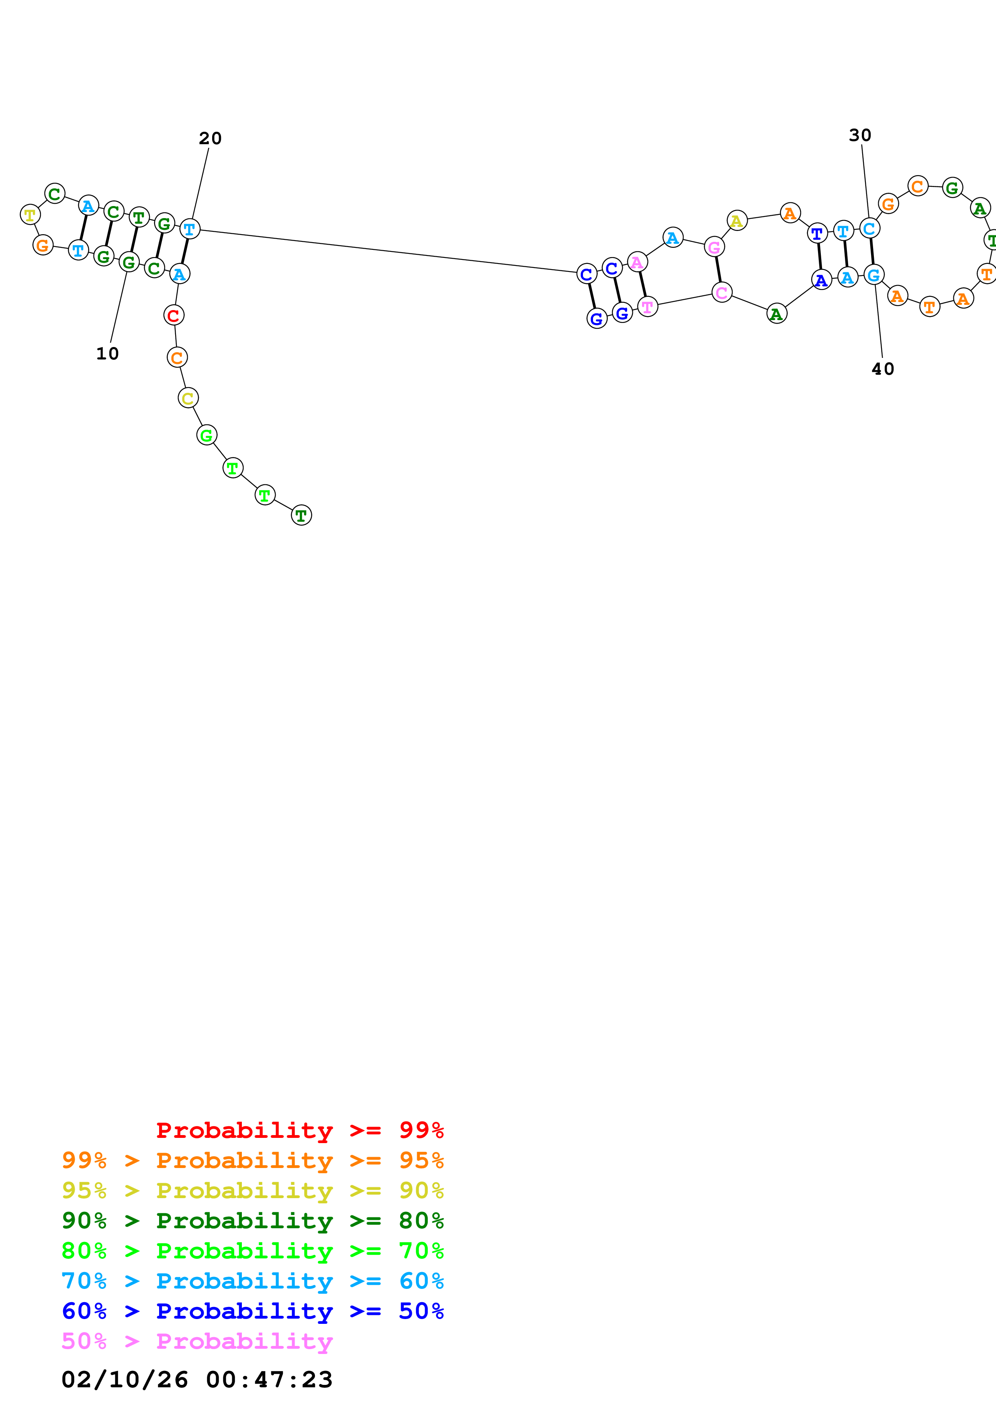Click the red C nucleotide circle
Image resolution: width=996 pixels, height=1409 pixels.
point(174,315)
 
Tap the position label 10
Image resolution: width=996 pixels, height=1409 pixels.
point(107,353)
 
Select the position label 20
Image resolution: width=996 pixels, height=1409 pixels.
point(210,139)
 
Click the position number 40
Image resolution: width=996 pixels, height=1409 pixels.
point(882,369)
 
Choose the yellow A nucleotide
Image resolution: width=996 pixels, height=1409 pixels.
point(736,221)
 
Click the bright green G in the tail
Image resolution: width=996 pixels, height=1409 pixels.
point(207,435)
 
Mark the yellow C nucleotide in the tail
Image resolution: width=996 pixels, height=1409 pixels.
point(188,398)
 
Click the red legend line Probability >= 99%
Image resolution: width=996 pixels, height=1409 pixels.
point(299,1130)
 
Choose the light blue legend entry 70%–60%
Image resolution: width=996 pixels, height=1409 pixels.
point(252,1281)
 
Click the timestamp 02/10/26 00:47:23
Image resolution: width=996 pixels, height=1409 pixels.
point(196,1379)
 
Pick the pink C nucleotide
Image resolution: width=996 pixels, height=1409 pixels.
point(722,293)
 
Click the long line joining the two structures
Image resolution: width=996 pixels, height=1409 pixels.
point(387,250)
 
